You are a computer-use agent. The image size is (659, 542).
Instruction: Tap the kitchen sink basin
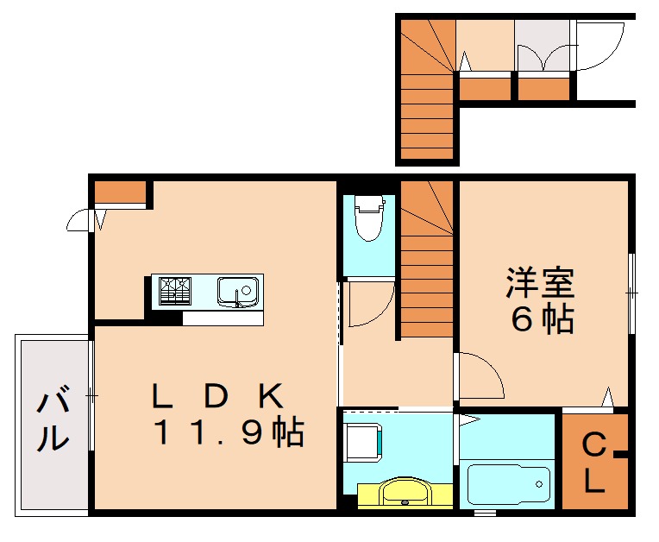click(x=237, y=291)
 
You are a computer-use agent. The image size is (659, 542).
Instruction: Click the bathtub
click(x=508, y=485)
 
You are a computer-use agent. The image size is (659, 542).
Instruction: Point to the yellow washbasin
click(x=402, y=493)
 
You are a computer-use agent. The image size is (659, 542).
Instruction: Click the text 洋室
click(x=540, y=282)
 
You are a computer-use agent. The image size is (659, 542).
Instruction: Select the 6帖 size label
click(x=542, y=320)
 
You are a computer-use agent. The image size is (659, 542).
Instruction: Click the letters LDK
click(x=217, y=396)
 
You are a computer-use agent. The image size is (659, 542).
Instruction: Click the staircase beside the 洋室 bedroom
click(x=427, y=259)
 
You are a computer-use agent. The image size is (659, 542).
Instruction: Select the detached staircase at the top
click(x=427, y=91)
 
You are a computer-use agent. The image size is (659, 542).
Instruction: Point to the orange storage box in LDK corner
click(x=119, y=192)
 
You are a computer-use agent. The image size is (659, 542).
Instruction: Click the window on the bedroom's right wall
click(x=631, y=293)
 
